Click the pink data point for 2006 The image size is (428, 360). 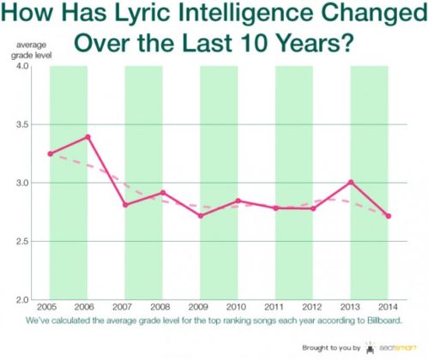pyautogui.click(x=88, y=136)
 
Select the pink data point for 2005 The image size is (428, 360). pyautogui.click(x=50, y=153)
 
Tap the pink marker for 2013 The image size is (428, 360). pyautogui.click(x=351, y=182)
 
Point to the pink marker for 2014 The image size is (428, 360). pyautogui.click(x=389, y=216)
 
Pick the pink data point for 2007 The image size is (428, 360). pyautogui.click(x=125, y=205)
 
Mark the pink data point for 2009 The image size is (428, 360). pyautogui.click(x=201, y=215)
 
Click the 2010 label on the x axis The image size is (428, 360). pyautogui.click(x=238, y=307)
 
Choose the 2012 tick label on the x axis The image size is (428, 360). pyautogui.click(x=313, y=307)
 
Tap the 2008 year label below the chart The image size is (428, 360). pyautogui.click(x=163, y=307)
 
